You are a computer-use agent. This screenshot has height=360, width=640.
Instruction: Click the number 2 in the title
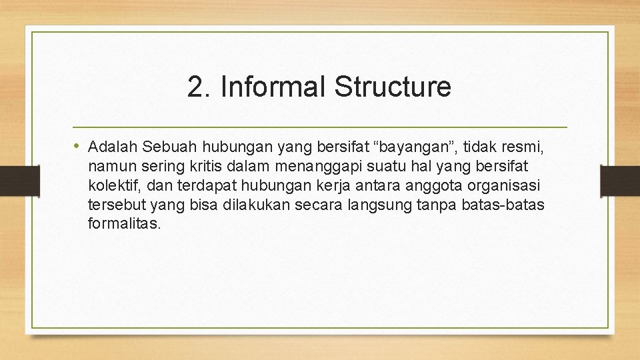195,87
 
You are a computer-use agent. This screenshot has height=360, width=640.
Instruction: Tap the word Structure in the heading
393,87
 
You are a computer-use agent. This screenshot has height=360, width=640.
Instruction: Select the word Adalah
112,146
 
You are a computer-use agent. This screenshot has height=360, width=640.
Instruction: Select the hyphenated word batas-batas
507,204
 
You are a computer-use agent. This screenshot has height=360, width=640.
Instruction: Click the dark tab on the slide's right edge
620,180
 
